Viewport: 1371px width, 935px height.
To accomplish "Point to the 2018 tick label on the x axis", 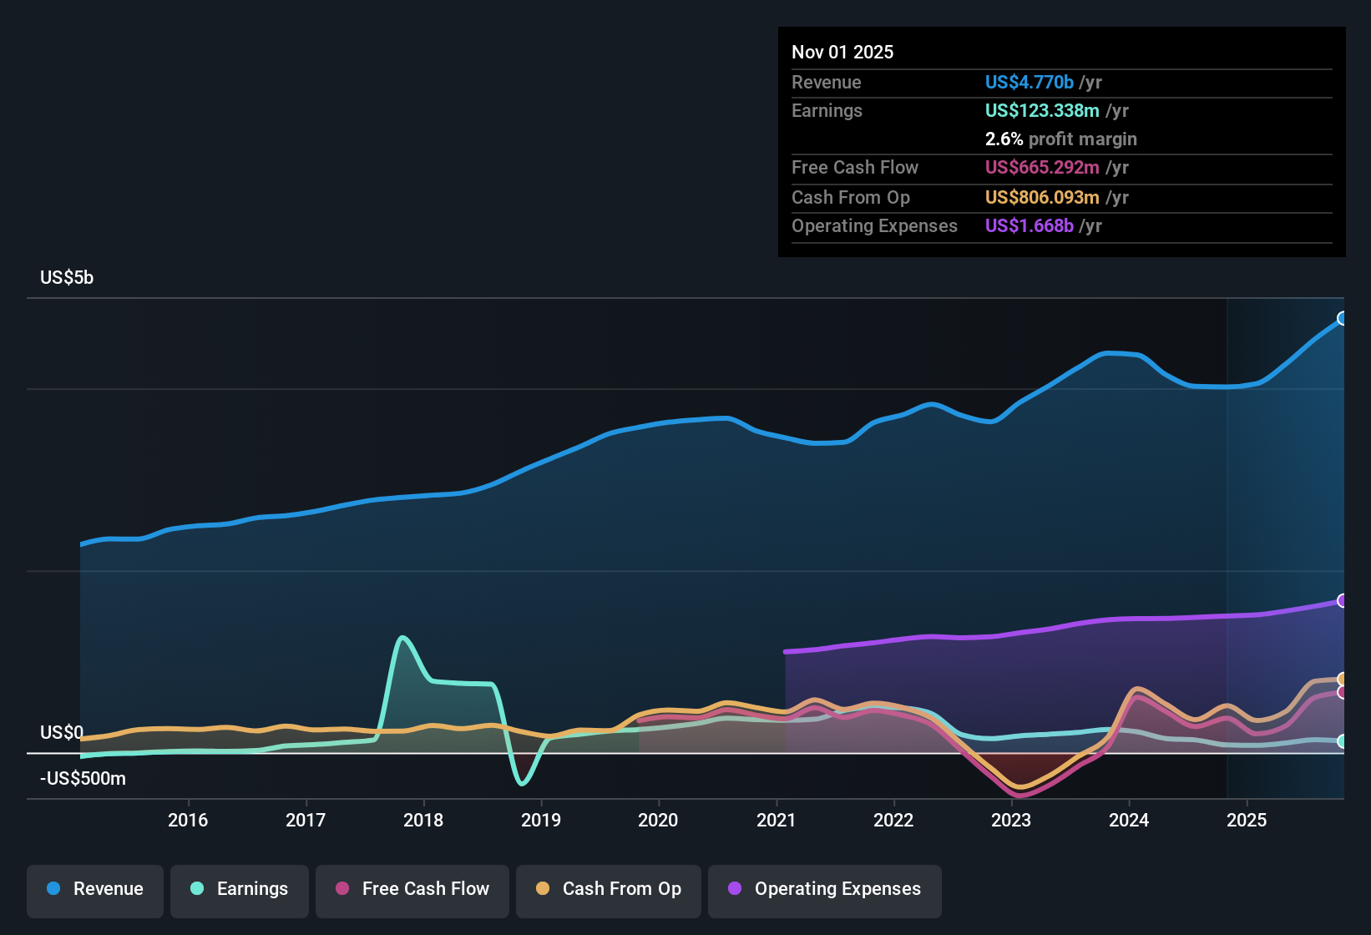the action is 423,820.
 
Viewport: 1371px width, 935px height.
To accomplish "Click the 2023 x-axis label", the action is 1011,820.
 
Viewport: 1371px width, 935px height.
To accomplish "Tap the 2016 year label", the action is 188,820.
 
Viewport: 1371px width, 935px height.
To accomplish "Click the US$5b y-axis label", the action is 67,277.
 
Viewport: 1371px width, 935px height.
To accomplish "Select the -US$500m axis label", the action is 83,778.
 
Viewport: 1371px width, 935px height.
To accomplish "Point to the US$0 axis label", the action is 62,732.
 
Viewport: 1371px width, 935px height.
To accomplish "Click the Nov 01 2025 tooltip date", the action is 842,52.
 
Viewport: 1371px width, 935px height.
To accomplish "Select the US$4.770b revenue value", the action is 1029,82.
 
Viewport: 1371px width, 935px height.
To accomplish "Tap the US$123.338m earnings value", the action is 1042,111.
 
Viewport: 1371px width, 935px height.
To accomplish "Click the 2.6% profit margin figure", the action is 1004,139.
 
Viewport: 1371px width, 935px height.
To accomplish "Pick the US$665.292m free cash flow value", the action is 1042,167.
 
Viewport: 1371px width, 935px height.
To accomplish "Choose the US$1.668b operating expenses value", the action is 1029,225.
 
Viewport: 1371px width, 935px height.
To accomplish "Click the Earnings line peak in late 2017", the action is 402,638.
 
